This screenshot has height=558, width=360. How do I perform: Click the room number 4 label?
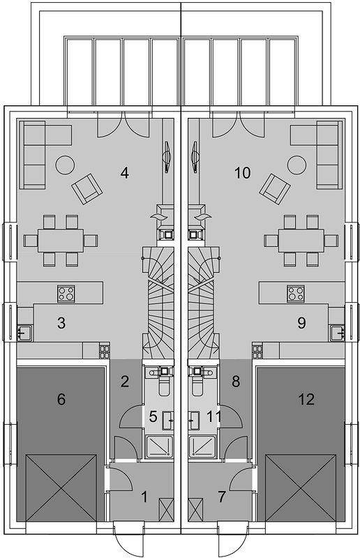124,173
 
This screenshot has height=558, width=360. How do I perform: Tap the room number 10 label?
243,173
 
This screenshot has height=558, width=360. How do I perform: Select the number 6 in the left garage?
61,399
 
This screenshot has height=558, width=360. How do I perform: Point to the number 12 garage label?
306,399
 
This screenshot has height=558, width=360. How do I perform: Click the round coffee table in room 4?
65,165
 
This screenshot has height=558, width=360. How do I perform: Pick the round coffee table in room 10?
297,165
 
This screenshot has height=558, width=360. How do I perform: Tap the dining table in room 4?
61,241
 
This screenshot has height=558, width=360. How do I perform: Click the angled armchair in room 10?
275,188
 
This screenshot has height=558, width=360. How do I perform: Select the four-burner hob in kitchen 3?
66,294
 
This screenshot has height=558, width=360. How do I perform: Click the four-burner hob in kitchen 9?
296,294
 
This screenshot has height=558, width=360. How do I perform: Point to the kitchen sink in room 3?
25,333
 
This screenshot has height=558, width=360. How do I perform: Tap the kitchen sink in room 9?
336,333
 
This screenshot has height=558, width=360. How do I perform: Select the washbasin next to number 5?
167,421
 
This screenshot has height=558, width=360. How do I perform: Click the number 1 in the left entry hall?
144,497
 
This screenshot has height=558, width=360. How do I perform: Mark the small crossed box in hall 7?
195,510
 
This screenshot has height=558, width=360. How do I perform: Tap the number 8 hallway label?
236,382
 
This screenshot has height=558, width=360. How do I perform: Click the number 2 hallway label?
124,382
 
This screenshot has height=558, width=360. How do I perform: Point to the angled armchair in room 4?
87,188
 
